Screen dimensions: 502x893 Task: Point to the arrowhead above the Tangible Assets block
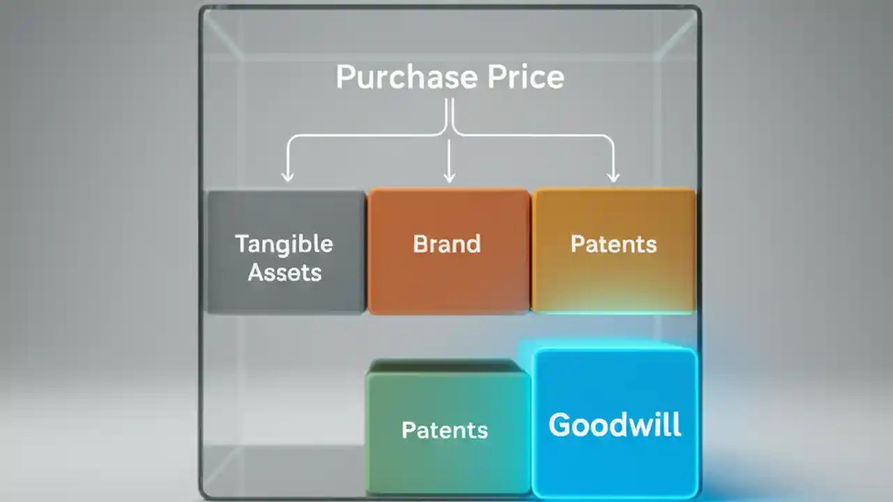tap(287, 176)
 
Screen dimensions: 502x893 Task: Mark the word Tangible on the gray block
tap(284, 244)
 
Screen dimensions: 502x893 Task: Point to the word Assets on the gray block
tap(285, 273)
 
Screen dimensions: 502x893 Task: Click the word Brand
tap(447, 244)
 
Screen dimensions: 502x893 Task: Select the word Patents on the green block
tap(444, 430)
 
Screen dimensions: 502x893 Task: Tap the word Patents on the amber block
tap(614, 244)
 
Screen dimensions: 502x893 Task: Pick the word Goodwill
tap(615, 425)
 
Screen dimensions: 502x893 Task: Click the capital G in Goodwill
tap(560, 425)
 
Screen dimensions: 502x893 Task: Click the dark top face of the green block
tap(444, 366)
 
